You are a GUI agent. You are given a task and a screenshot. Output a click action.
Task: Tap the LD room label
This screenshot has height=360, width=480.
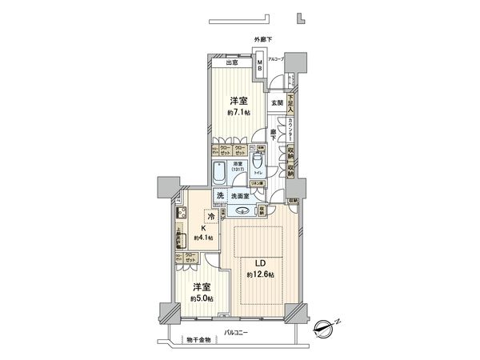pyautogui.click(x=260, y=264)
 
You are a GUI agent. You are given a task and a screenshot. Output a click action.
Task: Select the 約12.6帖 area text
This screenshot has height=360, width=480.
pyautogui.click(x=260, y=276)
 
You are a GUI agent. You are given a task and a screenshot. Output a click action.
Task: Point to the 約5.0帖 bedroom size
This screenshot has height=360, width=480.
pyautogui.click(x=201, y=300)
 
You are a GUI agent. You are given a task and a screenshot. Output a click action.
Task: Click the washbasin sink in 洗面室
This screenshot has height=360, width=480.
pyautogui.click(x=241, y=211)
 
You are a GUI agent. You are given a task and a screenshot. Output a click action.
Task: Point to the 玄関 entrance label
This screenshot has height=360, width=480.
pyautogui.click(x=274, y=102)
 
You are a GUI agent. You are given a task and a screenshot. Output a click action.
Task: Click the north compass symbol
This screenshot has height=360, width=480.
pyautogui.click(x=326, y=327)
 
